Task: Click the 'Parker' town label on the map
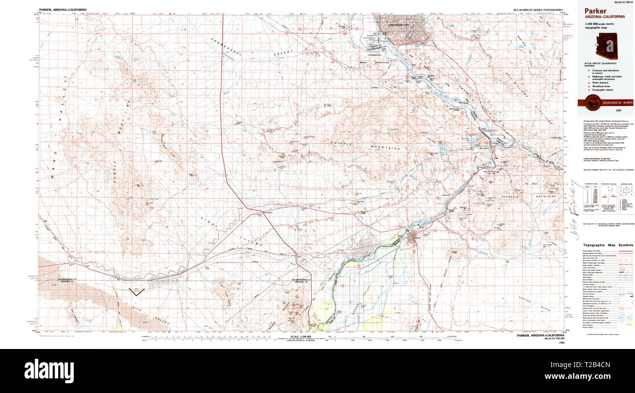417,238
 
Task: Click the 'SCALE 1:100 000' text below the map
300,337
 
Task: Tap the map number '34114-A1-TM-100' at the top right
617,2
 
